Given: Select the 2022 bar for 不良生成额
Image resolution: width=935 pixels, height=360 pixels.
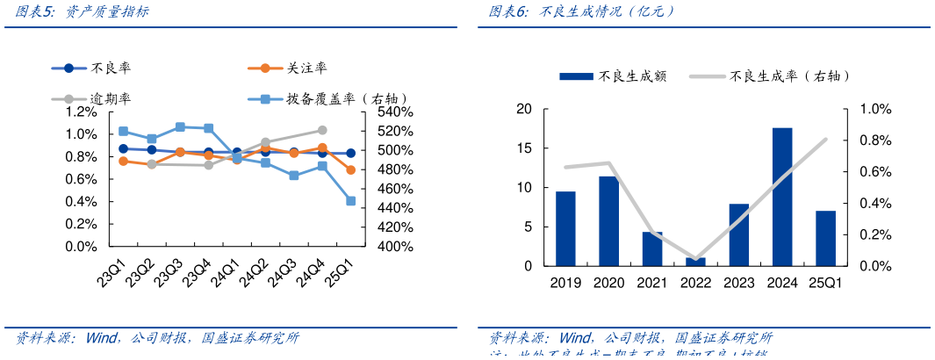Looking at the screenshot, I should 695,262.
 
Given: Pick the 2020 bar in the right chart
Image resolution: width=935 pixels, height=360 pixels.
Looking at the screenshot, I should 609,221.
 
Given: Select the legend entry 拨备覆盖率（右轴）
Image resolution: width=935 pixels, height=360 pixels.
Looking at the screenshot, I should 346,99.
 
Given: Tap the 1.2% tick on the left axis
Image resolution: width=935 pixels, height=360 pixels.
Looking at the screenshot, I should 81,112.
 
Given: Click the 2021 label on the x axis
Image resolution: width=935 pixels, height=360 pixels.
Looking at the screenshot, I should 652,283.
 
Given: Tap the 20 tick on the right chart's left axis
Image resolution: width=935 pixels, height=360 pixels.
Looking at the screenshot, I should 525,109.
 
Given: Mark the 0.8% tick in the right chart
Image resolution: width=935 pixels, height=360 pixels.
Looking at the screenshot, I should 874,140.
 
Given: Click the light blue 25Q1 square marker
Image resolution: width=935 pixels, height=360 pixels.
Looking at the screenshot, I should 350,201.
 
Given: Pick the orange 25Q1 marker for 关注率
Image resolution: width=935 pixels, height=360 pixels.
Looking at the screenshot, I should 350,169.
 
